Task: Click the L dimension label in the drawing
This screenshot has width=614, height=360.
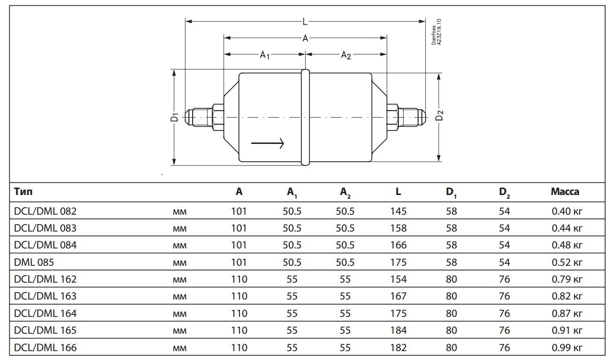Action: [305, 22]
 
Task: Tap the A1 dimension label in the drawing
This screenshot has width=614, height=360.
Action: [265, 55]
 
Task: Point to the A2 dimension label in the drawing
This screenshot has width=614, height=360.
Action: [346, 55]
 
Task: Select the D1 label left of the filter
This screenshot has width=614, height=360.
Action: [174, 117]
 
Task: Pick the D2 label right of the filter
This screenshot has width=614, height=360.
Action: [439, 116]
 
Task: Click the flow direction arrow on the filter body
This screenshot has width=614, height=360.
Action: [268, 143]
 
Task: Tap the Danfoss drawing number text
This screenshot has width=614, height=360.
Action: [436, 32]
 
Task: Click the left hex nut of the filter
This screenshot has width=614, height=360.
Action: [218, 117]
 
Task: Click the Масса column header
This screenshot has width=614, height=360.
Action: [565, 191]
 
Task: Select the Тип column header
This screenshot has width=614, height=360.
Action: [23, 191]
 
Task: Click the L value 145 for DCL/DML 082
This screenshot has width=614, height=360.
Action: [398, 211]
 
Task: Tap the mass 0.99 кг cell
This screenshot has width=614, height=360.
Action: [567, 347]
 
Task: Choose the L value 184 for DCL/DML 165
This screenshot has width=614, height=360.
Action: [398, 330]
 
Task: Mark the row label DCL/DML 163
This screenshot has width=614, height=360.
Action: [45, 296]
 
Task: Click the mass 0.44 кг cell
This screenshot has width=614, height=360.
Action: [567, 228]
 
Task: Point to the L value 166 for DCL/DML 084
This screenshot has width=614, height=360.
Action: [398, 245]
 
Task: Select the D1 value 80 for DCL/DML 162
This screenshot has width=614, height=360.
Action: [451, 279]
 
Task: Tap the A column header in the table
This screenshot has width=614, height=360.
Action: [239, 191]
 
